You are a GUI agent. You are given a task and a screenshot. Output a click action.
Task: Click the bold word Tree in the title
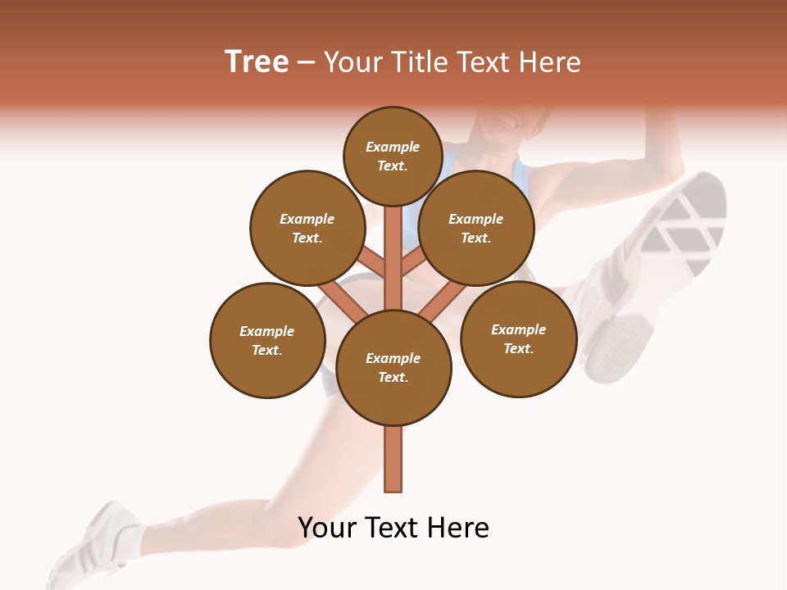pyautogui.click(x=257, y=62)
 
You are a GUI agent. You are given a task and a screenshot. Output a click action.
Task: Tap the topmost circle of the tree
pyautogui.click(x=393, y=156)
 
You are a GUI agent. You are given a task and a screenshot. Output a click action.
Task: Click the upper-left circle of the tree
pyautogui.click(x=307, y=228)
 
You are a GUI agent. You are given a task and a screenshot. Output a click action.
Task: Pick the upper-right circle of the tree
pyautogui.click(x=476, y=228)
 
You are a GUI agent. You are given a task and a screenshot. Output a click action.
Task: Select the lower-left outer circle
pyautogui.click(x=267, y=340)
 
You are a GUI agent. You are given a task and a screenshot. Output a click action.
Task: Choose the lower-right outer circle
pyautogui.click(x=519, y=338)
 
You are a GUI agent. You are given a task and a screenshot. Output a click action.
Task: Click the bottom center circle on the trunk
pyautogui.click(x=393, y=368)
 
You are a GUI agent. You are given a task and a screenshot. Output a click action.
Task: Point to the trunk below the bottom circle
pyautogui.click(x=393, y=459)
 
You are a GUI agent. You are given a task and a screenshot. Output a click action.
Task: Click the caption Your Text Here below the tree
pyautogui.click(x=393, y=528)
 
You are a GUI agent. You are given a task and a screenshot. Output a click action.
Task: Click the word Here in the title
pyautogui.click(x=548, y=62)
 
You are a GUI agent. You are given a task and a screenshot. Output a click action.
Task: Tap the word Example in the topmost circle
pyautogui.click(x=393, y=147)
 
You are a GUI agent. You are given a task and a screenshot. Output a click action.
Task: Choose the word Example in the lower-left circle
pyautogui.click(x=267, y=331)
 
